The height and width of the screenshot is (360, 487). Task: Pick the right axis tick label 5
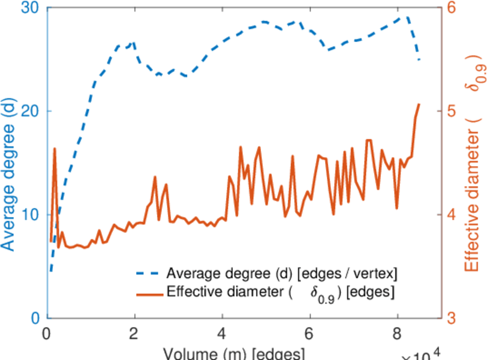click(451, 112)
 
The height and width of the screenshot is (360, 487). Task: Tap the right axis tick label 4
click(451, 215)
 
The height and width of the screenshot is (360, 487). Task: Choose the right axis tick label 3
click(451, 317)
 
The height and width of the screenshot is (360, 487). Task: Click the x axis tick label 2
click(135, 334)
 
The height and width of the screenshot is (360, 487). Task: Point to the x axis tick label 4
click(223, 334)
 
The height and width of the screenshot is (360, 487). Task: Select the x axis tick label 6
click(309, 334)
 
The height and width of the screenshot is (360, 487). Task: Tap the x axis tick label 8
click(397, 334)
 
